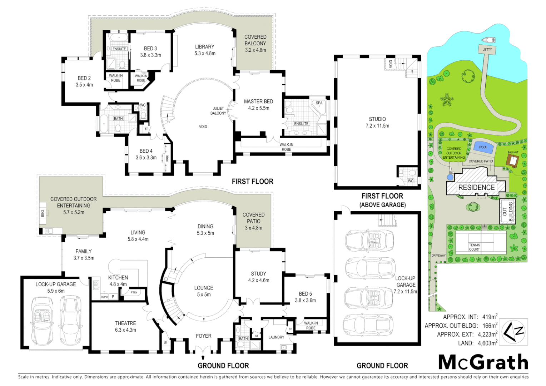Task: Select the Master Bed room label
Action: (x=258, y=102)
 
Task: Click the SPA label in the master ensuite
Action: (x=319, y=103)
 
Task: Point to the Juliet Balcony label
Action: (x=218, y=111)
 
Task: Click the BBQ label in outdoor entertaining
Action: (x=43, y=213)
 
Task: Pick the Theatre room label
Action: (x=125, y=323)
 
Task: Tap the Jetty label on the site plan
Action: (x=487, y=50)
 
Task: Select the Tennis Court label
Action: (x=475, y=247)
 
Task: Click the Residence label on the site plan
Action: (x=476, y=188)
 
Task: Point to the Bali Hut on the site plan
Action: (x=513, y=161)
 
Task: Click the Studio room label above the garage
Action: (x=377, y=119)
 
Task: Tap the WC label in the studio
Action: (x=411, y=181)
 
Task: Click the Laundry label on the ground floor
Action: (x=276, y=337)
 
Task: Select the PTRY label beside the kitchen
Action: (x=134, y=292)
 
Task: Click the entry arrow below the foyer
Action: (x=203, y=357)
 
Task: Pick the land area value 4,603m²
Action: (x=487, y=343)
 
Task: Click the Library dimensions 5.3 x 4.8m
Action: (x=205, y=54)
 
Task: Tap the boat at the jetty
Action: (x=488, y=40)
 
